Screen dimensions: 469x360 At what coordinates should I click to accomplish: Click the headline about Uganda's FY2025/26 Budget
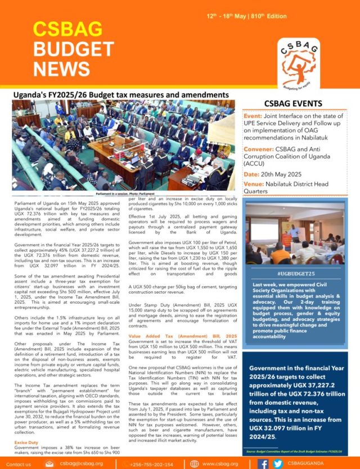[120, 95]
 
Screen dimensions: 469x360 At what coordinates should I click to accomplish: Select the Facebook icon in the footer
[263, 464]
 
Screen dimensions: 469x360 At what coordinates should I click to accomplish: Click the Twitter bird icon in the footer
[277, 464]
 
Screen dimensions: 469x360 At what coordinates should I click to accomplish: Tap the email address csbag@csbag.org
[84, 464]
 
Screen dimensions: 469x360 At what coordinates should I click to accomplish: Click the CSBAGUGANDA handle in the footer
[317, 464]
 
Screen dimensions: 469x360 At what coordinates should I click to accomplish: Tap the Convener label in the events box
[262, 149]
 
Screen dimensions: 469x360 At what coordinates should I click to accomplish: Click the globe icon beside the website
[194, 464]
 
